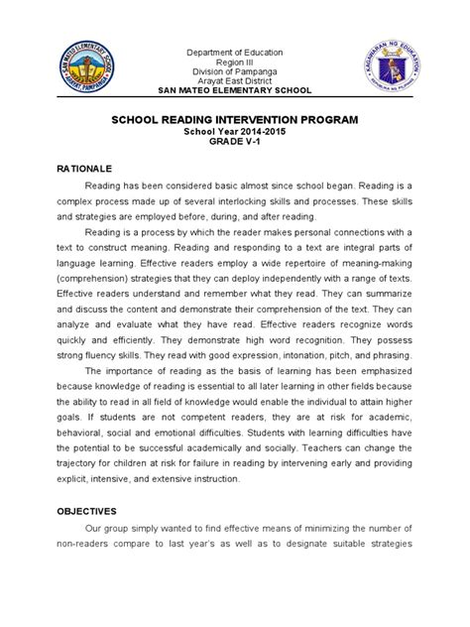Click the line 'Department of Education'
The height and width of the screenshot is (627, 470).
235,52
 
